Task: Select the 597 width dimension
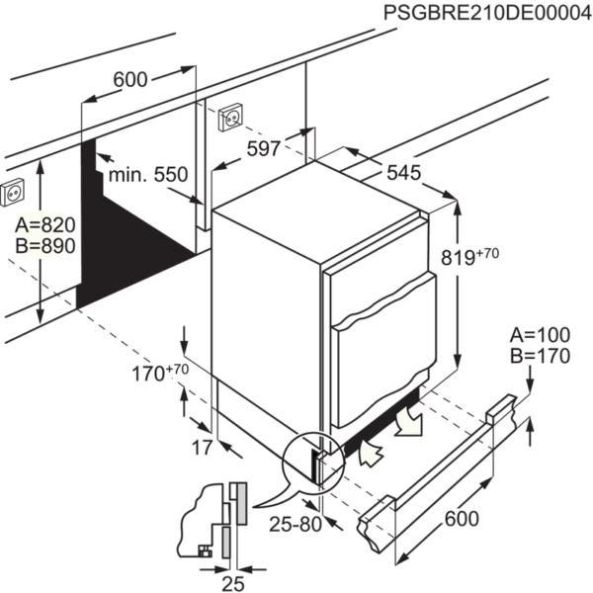(264, 148)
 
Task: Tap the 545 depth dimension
(403, 172)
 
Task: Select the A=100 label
(540, 335)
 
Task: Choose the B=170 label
(540, 356)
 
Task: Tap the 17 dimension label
(201, 448)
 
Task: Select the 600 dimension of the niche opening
(130, 81)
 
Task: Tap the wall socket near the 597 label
(228, 117)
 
